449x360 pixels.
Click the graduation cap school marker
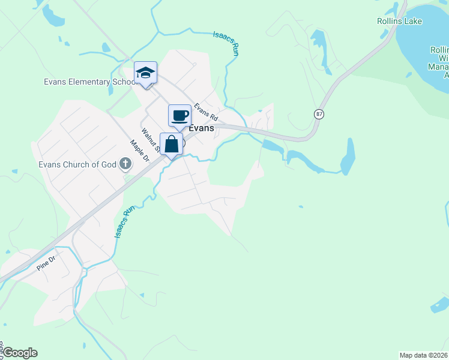(145, 73)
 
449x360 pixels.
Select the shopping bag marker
(172, 145)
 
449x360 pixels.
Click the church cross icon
(125, 163)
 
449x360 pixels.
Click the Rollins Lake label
(399, 22)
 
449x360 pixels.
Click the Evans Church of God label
(77, 164)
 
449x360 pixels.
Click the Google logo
(19, 353)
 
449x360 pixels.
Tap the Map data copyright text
(424, 355)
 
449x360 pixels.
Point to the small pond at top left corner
(53, 18)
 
